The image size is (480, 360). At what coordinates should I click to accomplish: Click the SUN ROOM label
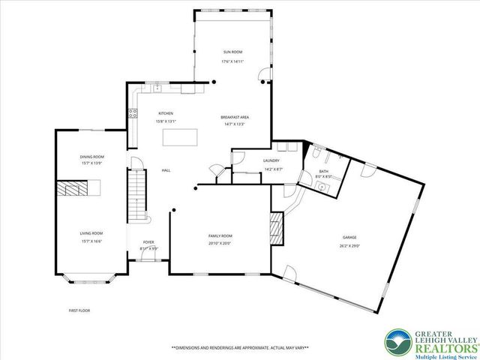click(x=232, y=52)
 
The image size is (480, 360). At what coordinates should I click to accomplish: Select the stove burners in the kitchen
click(x=133, y=114)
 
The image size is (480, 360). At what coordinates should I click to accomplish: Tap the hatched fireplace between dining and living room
click(x=75, y=187)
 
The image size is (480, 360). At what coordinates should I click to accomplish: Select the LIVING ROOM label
click(x=91, y=233)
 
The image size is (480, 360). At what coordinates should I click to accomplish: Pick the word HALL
click(x=166, y=170)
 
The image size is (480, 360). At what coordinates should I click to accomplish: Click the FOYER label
click(x=148, y=242)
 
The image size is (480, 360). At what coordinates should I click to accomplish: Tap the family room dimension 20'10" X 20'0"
click(x=220, y=243)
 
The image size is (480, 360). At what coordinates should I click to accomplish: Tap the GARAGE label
click(x=349, y=238)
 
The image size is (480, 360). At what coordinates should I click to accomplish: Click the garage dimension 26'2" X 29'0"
click(x=349, y=244)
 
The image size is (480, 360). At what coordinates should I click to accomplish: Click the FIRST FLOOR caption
click(x=79, y=310)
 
